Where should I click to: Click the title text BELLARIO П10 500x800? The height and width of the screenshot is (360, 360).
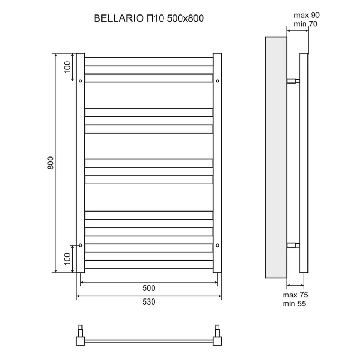tap(149, 18)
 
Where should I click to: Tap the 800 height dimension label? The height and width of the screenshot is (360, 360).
tap(50, 163)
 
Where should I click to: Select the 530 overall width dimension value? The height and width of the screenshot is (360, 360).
tap(149, 302)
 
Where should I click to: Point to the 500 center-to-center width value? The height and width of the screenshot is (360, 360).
tap(149, 288)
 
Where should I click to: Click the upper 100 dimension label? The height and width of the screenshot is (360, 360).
tap(67, 67)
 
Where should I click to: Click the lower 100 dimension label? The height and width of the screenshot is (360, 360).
tap(67, 259)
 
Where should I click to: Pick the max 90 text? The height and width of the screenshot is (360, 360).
tap(307, 15)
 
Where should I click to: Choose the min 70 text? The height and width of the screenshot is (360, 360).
tap(306, 24)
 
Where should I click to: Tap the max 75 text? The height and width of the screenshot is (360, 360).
tap(296, 294)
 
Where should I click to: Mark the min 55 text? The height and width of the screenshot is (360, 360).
tap(294, 304)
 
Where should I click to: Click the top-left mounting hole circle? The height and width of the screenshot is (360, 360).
tap(80, 81)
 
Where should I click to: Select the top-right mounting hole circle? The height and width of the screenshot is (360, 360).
tap(218, 81)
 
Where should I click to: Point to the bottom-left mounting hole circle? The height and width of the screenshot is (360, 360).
tap(80, 246)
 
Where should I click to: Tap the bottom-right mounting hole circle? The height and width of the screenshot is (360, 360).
tap(218, 246)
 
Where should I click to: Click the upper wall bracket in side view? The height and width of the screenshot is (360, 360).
tap(293, 81)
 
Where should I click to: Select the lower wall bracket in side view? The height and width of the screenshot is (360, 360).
tap(293, 245)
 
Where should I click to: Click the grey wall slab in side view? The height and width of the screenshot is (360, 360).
tap(276, 158)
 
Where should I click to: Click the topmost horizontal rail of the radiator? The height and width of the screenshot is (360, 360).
tap(149, 62)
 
